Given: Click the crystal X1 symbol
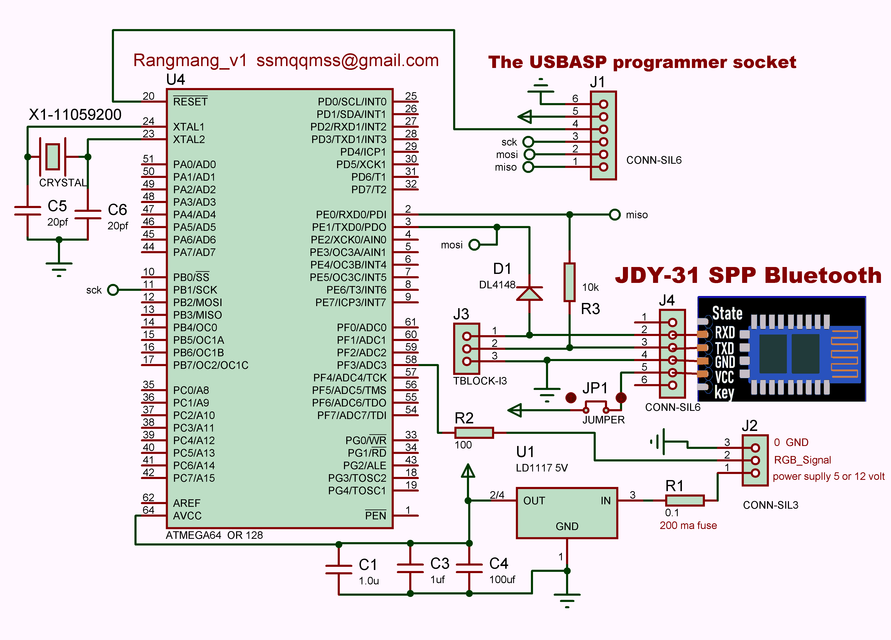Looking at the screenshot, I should point(53,157).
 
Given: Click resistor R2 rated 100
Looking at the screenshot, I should point(474,433).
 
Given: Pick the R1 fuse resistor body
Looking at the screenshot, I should point(684,500).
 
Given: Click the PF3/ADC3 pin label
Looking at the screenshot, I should point(361,365).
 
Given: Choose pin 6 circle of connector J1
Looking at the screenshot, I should point(603,104).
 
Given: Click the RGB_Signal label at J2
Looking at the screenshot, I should point(802,460).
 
